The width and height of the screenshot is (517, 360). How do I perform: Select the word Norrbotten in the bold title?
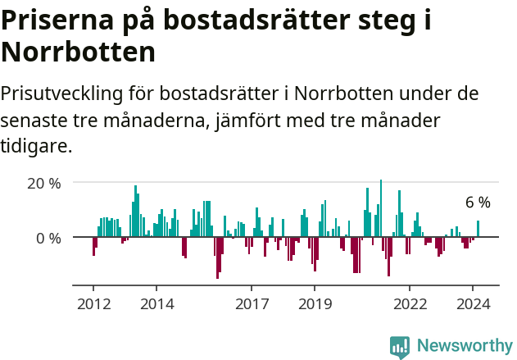[79, 52]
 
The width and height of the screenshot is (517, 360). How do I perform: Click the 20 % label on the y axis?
[44, 183]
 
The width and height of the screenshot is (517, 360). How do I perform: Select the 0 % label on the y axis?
[49, 238]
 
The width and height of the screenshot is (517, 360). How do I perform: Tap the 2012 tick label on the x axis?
[93, 303]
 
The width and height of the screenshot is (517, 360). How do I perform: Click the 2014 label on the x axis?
[156, 303]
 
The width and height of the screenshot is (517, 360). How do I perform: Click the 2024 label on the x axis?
[473, 303]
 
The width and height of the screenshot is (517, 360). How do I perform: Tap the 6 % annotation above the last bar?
[478, 203]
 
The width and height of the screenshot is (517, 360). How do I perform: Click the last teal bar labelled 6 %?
[478, 229]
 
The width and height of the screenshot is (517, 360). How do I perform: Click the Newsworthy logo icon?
[400, 347]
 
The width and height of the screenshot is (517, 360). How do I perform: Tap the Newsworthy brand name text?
[464, 347]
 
